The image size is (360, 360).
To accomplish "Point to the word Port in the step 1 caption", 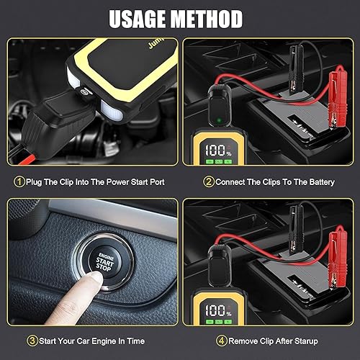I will [x=154, y=182].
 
